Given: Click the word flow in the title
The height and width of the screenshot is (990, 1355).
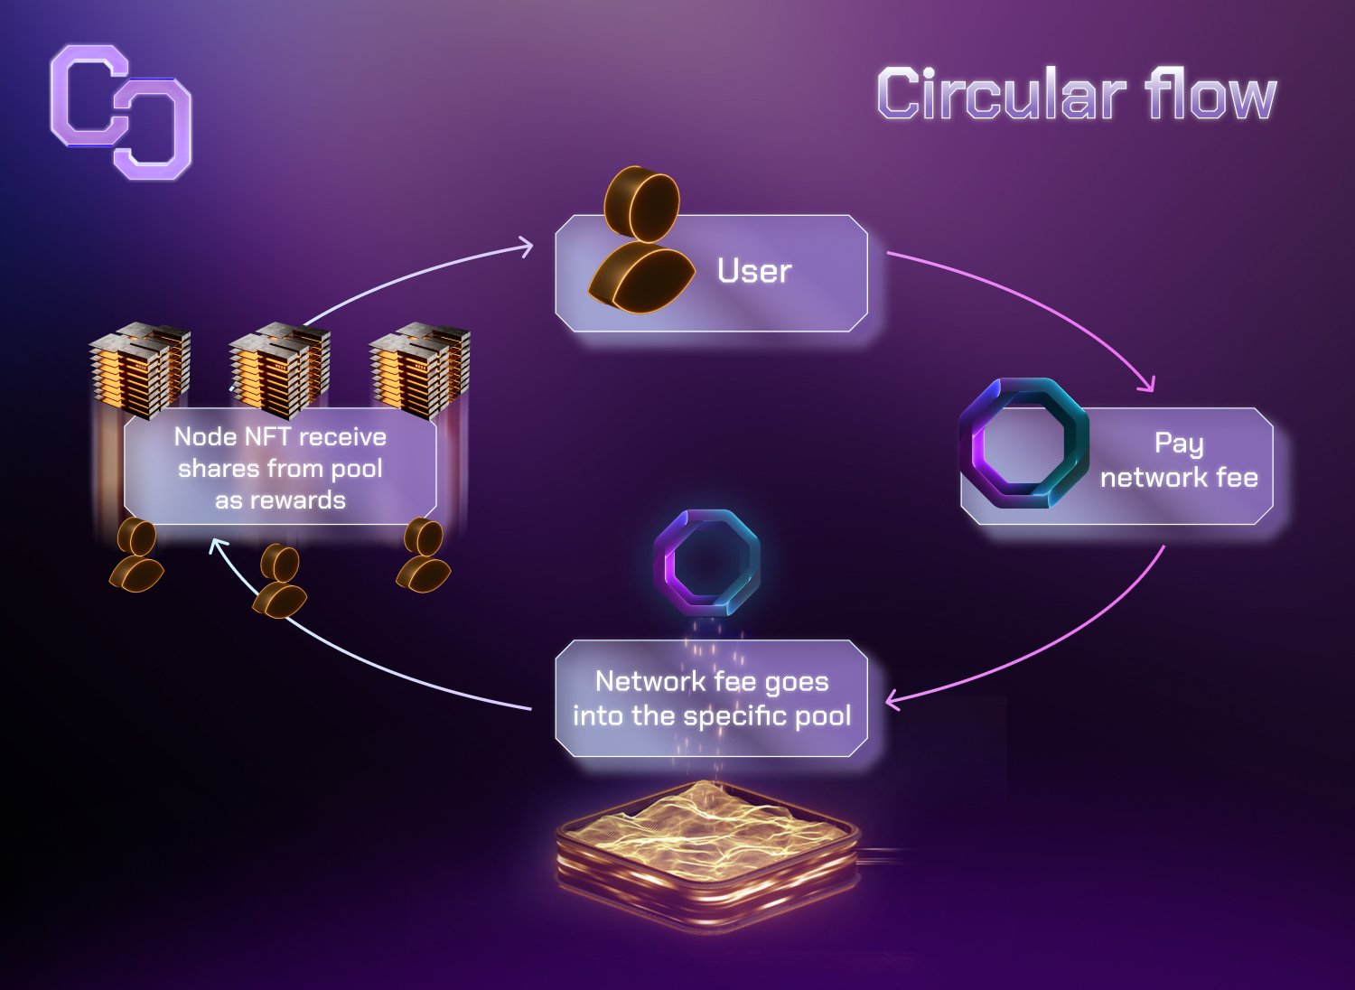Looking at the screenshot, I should click(1210, 94).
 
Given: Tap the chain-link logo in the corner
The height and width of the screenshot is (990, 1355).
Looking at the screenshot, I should click(121, 112).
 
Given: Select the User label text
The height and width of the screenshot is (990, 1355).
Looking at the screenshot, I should click(754, 271).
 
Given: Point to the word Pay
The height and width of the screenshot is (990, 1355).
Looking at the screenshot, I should click(1179, 444).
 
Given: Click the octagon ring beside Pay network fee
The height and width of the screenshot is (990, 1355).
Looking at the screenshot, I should click(1023, 444).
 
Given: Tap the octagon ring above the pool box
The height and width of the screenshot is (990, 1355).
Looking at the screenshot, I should click(706, 563).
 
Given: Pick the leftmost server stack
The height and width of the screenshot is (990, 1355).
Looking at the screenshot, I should click(140, 370).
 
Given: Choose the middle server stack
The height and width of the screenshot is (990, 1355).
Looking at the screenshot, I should click(280, 370).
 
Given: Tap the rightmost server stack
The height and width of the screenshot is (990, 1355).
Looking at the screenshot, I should click(420, 370).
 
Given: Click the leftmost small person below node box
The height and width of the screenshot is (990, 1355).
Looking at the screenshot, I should click(137, 555).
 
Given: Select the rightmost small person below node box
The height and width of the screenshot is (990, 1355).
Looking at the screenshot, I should click(424, 555).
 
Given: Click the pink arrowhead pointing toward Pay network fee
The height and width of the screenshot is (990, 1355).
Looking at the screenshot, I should click(1148, 385).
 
